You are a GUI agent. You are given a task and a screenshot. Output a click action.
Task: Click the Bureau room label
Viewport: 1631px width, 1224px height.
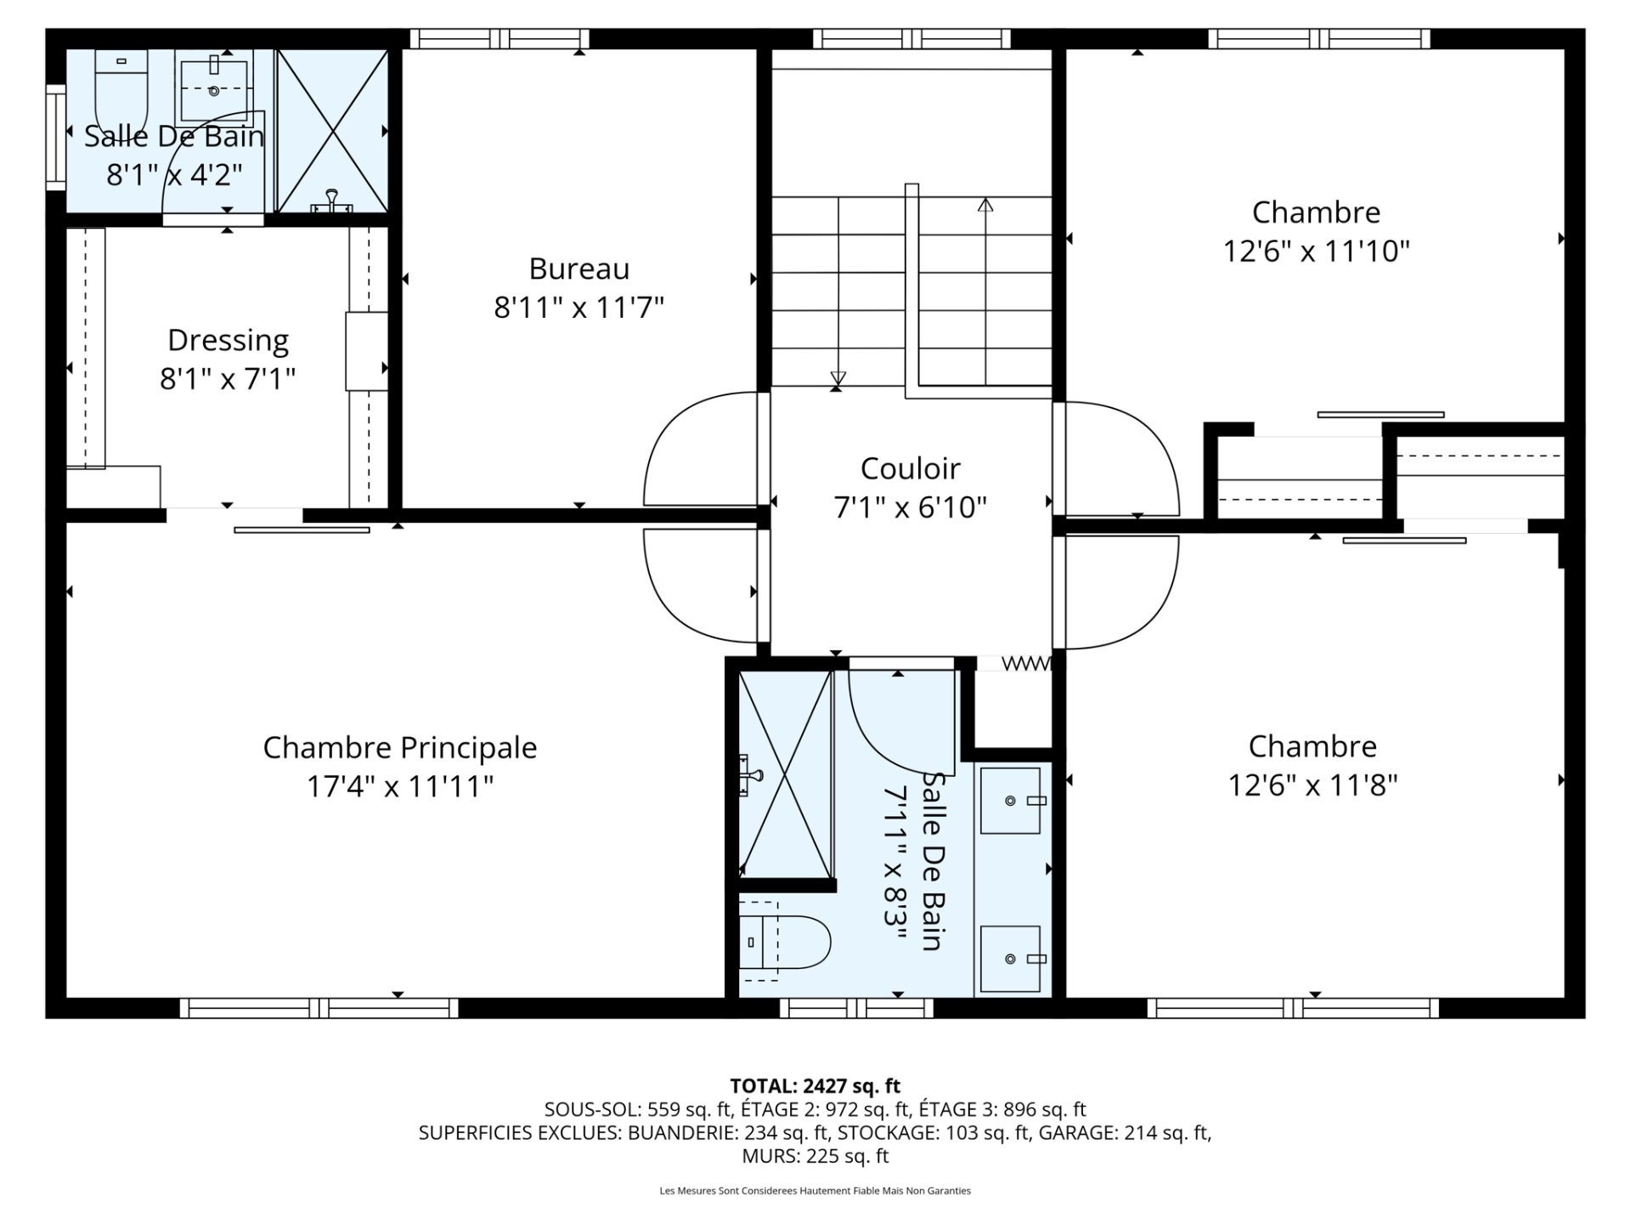pos(579,269)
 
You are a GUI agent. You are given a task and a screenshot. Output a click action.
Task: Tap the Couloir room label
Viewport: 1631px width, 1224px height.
pos(910,468)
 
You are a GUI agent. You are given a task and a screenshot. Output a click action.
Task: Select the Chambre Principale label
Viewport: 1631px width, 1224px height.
pos(400,748)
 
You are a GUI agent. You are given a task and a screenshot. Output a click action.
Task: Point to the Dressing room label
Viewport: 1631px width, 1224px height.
pos(228,341)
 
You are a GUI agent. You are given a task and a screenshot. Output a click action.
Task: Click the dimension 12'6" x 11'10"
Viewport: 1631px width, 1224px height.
pos(1316,252)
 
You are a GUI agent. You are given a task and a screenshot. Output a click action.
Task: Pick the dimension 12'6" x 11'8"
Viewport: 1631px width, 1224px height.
pos(1312,785)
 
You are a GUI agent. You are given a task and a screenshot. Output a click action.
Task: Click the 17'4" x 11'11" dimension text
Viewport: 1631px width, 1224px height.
pos(400,786)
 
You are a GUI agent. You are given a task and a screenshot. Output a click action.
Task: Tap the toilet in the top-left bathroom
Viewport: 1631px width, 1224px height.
pos(121,89)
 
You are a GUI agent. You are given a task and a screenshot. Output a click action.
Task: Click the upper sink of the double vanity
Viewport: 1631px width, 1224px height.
pos(1011,801)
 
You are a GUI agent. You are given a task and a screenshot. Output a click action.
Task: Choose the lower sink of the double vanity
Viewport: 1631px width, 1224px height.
pos(1011,959)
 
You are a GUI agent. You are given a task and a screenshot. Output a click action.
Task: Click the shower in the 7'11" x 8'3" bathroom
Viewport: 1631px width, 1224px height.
pos(785,774)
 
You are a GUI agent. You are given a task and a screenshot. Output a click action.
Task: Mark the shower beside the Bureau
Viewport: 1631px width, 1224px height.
pos(333,131)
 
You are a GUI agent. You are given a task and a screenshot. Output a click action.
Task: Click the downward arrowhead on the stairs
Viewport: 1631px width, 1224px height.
pos(838,379)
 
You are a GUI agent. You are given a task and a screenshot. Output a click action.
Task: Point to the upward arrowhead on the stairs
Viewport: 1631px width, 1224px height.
pos(985,205)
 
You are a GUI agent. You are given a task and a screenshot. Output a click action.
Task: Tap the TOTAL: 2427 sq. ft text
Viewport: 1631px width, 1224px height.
pos(815,1085)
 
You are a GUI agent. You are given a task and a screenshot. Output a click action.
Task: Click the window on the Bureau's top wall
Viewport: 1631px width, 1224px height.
pos(499,39)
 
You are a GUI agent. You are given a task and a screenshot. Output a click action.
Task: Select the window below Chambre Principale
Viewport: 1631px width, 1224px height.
pos(319,1008)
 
